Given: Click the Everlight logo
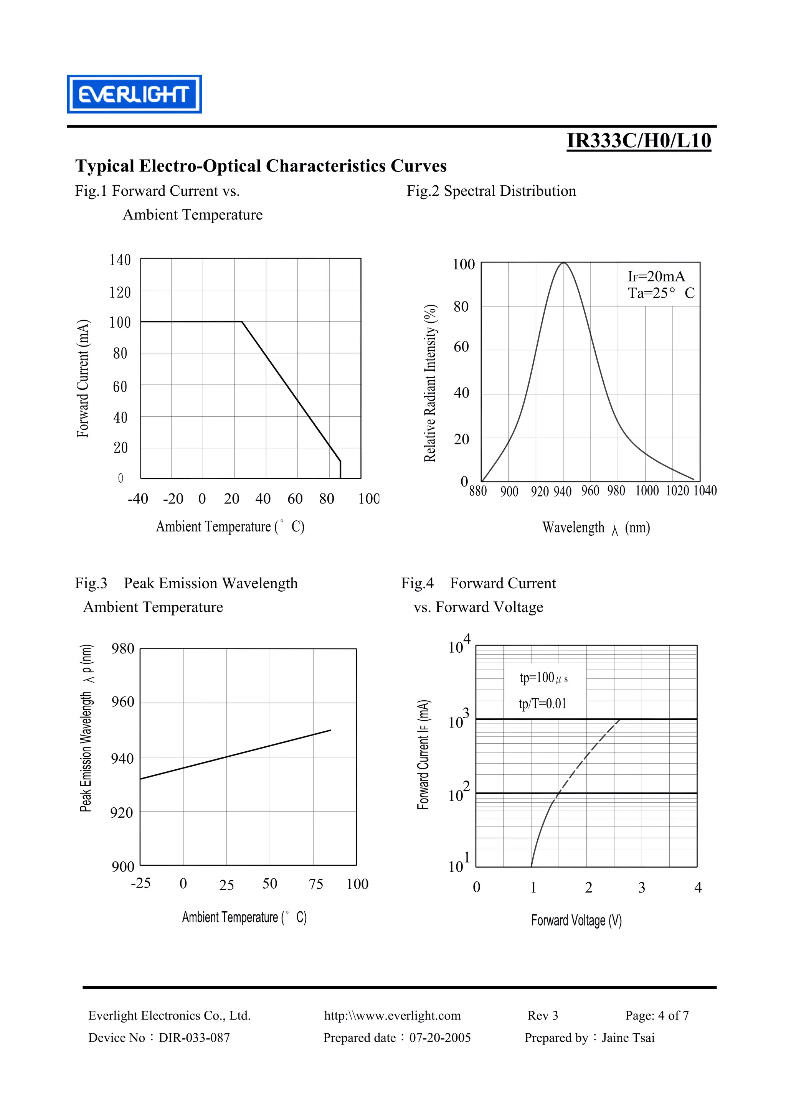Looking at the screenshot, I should pos(134,94).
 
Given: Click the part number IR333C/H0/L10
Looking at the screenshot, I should pos(639,140).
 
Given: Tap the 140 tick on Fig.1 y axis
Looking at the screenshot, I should pos(120,260).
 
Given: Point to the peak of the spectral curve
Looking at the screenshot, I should pos(563,262).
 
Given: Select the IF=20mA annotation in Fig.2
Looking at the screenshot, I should pos(656,277).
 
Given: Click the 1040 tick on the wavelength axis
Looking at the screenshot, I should pos(705,491).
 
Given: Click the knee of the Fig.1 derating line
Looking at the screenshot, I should pos(242,322).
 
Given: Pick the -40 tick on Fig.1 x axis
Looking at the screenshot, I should pos(138,498).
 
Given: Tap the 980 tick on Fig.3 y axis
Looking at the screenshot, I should pos(122,648).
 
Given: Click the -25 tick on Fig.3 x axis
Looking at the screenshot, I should pos(140,883).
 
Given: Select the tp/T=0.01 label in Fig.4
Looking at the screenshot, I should pos(542,703).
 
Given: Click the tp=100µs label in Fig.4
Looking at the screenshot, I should pos(543,678).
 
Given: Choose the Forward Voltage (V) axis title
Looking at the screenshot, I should pos(576,920).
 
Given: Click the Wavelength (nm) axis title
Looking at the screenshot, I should pos(596,528).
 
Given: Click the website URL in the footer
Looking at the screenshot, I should pos(392,1015).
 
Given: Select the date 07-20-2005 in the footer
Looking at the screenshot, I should pos(440,1038).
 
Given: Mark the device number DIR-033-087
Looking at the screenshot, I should pos(194,1038).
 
